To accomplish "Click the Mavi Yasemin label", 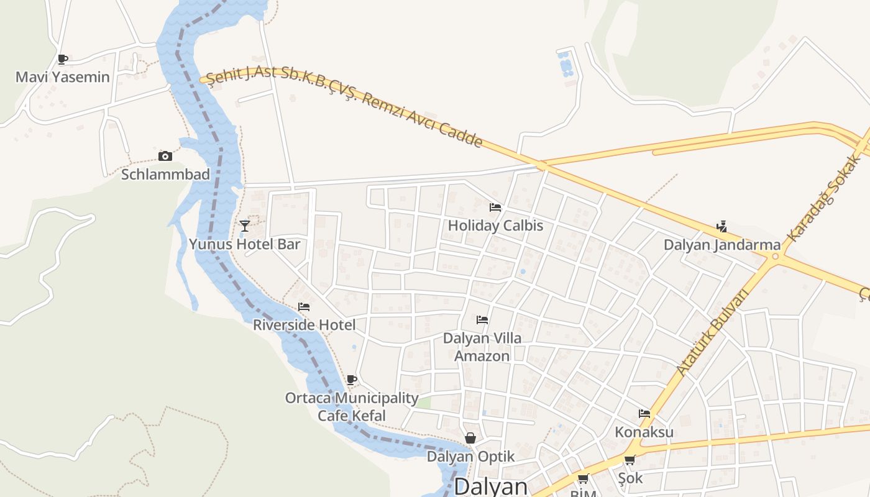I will pyautogui.click(x=62, y=77).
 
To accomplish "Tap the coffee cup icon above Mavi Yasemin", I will pyautogui.click(x=62, y=60).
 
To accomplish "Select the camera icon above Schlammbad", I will pyautogui.click(x=165, y=156).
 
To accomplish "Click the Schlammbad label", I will pyautogui.click(x=165, y=174).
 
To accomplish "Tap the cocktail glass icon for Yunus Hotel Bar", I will pyautogui.click(x=245, y=226).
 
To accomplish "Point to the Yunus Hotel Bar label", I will pyautogui.click(x=245, y=244).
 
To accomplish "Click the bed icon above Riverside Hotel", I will pyautogui.click(x=304, y=307).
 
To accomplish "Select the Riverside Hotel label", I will pyautogui.click(x=304, y=324).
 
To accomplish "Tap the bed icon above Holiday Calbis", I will pyautogui.click(x=495, y=207).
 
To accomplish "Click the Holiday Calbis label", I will pyautogui.click(x=495, y=226).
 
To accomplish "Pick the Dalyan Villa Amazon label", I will pyautogui.click(x=482, y=347).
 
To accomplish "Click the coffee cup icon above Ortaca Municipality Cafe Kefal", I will pyautogui.click(x=352, y=380).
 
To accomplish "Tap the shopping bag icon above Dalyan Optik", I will pyautogui.click(x=470, y=439).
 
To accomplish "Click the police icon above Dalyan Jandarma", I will pyautogui.click(x=721, y=227).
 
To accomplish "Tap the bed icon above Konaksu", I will pyautogui.click(x=644, y=414).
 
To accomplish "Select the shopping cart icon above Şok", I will pyautogui.click(x=630, y=460).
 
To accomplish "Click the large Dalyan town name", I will pyautogui.click(x=491, y=486).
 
